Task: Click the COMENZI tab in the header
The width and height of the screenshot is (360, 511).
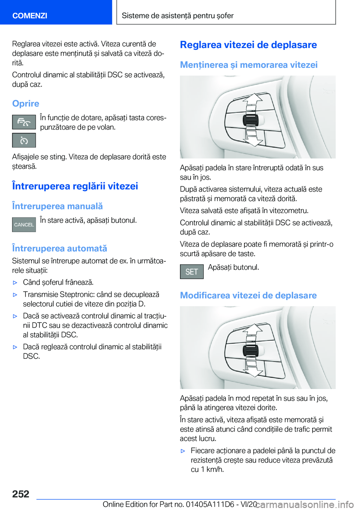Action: click(30, 15)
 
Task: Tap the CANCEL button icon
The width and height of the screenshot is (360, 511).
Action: click(24, 225)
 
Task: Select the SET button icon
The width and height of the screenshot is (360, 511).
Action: click(192, 272)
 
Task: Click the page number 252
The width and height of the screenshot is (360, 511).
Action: click(21, 494)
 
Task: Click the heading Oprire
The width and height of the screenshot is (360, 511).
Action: click(25, 104)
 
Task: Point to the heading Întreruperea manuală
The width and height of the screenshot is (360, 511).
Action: click(57, 206)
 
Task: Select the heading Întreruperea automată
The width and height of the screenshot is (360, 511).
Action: click(60, 248)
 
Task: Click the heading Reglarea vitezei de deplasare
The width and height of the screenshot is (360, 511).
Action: click(248, 45)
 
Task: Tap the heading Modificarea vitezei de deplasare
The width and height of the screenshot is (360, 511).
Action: click(248, 295)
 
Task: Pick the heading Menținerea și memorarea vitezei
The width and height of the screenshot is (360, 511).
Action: click(249, 65)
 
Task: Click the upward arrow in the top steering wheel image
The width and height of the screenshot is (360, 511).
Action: click(254, 101)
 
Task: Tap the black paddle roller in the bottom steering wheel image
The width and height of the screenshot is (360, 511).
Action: click(250, 350)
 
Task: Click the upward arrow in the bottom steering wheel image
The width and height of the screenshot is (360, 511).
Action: click(254, 331)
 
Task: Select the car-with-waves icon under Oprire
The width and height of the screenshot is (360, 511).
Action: click(24, 122)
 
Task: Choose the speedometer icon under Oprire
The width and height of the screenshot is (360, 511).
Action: click(24, 141)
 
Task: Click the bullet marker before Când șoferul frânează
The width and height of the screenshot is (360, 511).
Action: click(15, 283)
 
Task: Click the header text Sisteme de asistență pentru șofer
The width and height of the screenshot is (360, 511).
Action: click(177, 16)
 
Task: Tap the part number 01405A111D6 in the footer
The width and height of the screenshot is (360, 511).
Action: click(210, 504)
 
